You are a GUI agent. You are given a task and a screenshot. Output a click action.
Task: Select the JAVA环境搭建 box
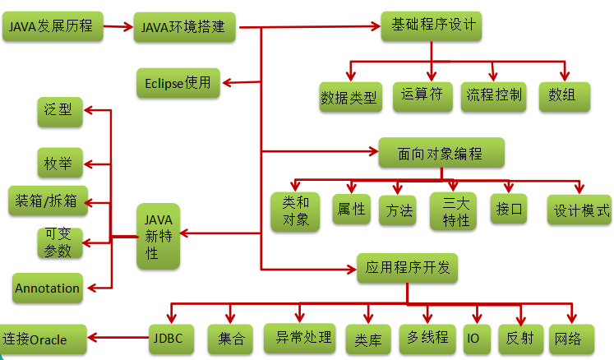183,28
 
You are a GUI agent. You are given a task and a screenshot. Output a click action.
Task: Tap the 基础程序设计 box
430,25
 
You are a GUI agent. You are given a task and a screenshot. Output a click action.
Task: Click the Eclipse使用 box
178,82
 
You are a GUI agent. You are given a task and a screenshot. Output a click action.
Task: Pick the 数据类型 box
349,98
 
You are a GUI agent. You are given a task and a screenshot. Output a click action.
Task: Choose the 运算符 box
422,95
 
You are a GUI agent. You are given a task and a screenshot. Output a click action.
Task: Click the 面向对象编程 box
441,153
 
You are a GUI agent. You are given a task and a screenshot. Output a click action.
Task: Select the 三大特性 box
453,210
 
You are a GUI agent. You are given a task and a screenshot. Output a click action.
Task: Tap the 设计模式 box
580,209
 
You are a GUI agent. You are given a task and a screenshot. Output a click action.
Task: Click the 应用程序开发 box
408,267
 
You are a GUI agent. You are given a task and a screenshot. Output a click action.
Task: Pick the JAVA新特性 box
158,236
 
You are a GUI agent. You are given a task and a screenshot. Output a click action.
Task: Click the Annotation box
48,288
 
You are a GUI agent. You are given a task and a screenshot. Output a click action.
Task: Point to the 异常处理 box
299,336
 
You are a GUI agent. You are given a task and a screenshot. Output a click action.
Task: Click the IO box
473,338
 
